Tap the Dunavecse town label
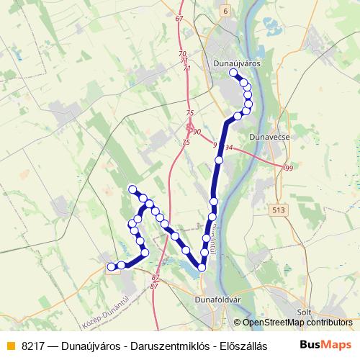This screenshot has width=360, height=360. pyautogui.click(x=268, y=135)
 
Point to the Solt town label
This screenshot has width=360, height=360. pyautogui.click(x=303, y=311)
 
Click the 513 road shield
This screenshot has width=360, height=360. pyautogui.click(x=279, y=210)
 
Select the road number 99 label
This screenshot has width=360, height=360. pyautogui.click(x=289, y=168)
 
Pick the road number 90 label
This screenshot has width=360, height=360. pyautogui.click(x=196, y=130)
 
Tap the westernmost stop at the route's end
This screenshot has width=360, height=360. pyautogui.click(x=111, y=267)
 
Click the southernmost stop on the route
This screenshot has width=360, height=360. pyautogui.click(x=202, y=268)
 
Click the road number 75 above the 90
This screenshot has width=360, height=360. pyautogui.click(x=189, y=113)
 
